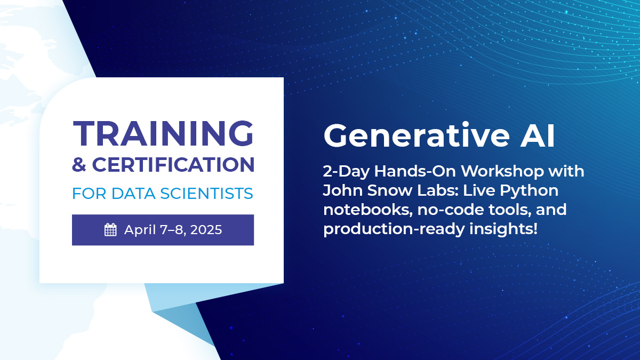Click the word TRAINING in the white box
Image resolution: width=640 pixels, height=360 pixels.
click(x=163, y=133)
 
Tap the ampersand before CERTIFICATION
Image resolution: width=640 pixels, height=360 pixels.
click(x=79, y=165)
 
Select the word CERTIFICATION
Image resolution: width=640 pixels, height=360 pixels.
click(x=173, y=165)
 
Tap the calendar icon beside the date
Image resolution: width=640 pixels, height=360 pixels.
click(x=110, y=230)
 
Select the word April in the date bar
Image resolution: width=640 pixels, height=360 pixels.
click(x=139, y=230)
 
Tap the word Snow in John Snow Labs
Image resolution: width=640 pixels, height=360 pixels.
click(x=382, y=191)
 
